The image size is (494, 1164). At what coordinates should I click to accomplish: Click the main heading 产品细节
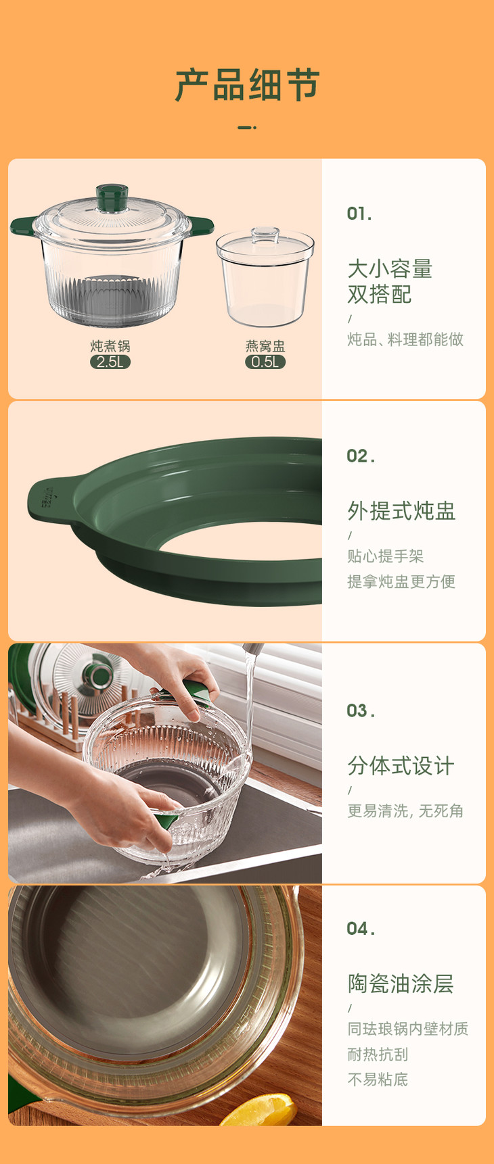tap(247, 84)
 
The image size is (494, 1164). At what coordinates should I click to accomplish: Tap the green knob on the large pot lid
tap(112, 197)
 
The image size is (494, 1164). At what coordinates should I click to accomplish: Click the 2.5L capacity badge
tap(110, 362)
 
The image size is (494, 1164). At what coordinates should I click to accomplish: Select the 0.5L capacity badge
tap(265, 362)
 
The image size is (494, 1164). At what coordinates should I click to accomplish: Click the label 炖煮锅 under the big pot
tap(110, 346)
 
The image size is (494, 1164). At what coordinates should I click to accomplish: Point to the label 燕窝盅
tap(265, 346)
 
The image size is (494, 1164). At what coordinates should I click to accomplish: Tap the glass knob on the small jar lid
tap(265, 235)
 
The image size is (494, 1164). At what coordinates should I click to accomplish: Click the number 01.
tap(359, 214)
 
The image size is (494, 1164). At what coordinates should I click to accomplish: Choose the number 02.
tap(361, 456)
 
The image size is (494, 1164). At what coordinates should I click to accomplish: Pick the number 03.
tap(361, 710)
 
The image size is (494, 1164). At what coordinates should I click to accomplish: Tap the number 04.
tap(361, 929)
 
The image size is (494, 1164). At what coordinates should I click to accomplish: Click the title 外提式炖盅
tap(401, 511)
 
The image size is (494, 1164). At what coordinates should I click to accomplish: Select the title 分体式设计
tap(401, 766)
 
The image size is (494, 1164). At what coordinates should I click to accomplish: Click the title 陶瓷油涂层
tap(401, 984)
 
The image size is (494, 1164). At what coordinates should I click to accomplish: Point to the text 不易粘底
tap(378, 1080)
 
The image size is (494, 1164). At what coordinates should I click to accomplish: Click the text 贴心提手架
tap(385, 556)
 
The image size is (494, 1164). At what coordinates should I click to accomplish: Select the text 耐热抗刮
tap(378, 1054)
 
